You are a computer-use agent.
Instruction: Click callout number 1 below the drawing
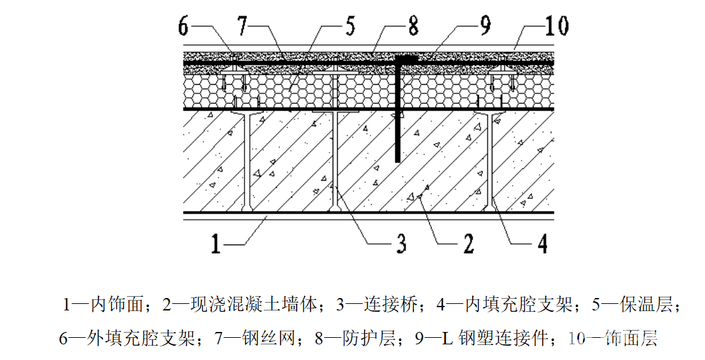click(x=218, y=244)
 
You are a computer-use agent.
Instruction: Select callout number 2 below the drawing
click(x=468, y=244)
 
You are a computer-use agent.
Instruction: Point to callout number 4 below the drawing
click(x=541, y=244)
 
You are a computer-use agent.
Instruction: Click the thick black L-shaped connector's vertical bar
click(x=397, y=111)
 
